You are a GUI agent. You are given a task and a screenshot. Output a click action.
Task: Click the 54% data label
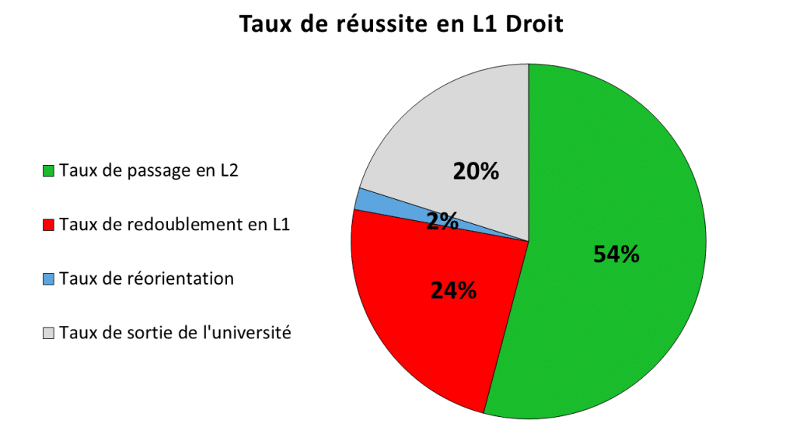point(616,254)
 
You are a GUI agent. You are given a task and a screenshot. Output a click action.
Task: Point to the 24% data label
point(453,290)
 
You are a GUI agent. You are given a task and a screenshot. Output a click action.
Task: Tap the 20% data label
point(476,171)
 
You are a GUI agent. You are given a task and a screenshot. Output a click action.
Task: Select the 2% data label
point(442,222)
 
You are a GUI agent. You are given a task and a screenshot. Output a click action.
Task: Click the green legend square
point(49,171)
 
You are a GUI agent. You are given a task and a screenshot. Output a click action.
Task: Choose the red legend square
point(49,226)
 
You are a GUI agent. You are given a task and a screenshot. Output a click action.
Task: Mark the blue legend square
point(49,279)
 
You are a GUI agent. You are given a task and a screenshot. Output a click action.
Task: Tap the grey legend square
point(49,334)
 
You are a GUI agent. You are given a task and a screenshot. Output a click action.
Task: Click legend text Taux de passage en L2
point(148,170)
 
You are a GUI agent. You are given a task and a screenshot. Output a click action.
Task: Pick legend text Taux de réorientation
point(146,278)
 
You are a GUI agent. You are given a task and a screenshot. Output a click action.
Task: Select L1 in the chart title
point(482,24)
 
